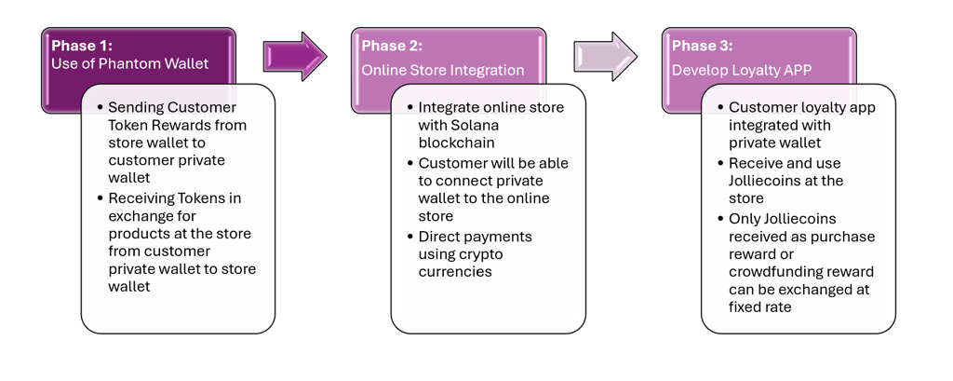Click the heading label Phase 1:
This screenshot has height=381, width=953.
pyautogui.click(x=82, y=46)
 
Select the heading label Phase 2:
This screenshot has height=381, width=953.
pyautogui.click(x=392, y=46)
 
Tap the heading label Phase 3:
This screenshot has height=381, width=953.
pyautogui.click(x=702, y=46)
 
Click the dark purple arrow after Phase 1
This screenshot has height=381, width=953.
pyautogui.click(x=294, y=56)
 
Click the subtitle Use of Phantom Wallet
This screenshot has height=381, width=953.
pyautogui.click(x=130, y=64)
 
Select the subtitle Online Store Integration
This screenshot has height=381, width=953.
pyautogui.click(x=443, y=70)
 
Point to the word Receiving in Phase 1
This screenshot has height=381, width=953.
pyautogui.click(x=140, y=197)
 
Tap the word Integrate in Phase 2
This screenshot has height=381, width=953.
pyautogui.click(x=450, y=107)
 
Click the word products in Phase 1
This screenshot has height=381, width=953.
pyautogui.click(x=137, y=233)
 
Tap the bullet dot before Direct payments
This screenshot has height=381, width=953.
pyautogui.click(x=408, y=237)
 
